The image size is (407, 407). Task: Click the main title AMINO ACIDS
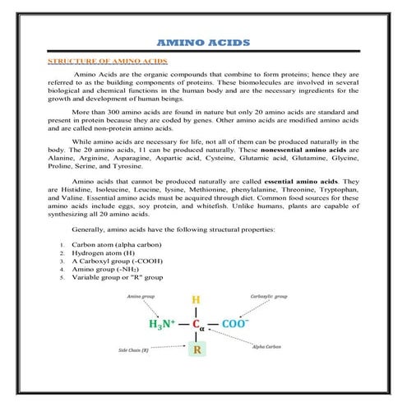[x=204, y=44]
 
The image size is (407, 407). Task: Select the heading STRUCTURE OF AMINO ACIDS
[x=108, y=62]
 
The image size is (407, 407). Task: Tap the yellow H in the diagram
[x=196, y=300]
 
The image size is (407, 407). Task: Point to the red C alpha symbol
[x=197, y=325]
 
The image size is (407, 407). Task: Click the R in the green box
[x=197, y=350]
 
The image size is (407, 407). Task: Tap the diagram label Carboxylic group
[x=268, y=294]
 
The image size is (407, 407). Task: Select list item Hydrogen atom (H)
[x=103, y=254]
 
